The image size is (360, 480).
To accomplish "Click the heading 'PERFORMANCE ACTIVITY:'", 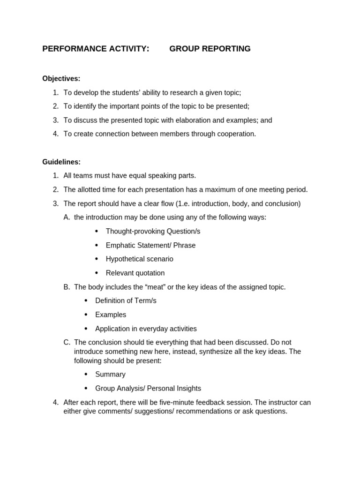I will [96, 49].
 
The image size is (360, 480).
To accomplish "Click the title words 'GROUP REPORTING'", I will [210, 49].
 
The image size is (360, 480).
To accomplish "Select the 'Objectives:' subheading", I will [61, 78].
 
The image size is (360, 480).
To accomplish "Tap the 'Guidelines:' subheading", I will [61, 162].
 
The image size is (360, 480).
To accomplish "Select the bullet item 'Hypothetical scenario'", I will [139, 259].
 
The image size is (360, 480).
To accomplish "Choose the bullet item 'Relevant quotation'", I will [135, 273].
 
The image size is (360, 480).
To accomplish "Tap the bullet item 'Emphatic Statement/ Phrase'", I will [150, 245].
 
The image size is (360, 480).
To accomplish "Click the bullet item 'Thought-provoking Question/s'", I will [153, 232].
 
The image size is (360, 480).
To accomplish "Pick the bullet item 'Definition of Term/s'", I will [126, 300].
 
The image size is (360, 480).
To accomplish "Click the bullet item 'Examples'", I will [111, 315].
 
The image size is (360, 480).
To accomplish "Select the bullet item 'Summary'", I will [110, 375].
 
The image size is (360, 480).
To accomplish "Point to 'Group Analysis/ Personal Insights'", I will [148, 389].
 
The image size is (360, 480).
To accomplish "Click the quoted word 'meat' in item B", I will [151, 287].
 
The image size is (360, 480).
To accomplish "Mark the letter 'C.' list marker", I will [67, 343].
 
